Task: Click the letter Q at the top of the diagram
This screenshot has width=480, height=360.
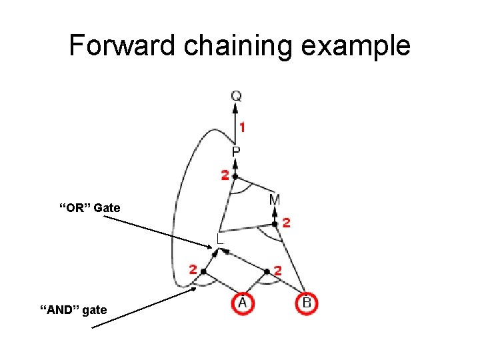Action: click(236, 97)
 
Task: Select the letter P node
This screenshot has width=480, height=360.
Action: click(236, 153)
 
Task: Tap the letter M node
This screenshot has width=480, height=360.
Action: click(275, 199)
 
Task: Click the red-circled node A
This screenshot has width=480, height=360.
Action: click(243, 303)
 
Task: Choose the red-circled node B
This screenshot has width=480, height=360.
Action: click(307, 303)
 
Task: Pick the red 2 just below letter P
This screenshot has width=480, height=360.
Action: click(225, 176)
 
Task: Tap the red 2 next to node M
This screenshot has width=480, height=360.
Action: click(286, 223)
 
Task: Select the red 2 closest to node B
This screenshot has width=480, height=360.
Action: click(278, 271)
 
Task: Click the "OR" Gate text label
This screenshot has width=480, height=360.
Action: click(90, 208)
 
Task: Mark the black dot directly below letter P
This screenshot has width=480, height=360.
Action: click(235, 177)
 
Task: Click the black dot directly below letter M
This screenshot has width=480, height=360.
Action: click(275, 224)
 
